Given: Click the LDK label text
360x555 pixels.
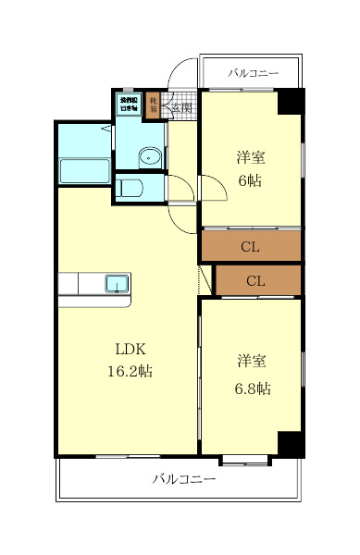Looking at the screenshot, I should coord(130,350).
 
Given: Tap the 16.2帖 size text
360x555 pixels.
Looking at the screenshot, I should coord(130,372).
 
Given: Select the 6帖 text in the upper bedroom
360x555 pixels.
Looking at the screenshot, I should coord(249,180).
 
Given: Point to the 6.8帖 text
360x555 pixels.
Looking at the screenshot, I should coord(252,388).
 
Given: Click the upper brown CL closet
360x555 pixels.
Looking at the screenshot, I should coord(250,246).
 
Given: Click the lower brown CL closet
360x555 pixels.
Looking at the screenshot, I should coord(257,280).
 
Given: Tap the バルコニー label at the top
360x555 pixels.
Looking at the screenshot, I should coord(250,71).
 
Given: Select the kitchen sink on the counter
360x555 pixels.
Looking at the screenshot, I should coord(117,283).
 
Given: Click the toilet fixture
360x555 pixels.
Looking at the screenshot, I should coord(131,190).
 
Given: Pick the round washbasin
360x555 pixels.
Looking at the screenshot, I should coord(149,157).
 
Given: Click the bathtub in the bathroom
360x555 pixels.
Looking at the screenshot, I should coord(84,171).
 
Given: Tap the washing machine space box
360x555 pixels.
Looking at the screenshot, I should coord(127,104).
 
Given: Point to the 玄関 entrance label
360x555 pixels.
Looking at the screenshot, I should coord(180,107).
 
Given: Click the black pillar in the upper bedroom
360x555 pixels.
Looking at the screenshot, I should coord(292,101).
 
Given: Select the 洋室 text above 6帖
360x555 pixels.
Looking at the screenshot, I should coord(249,158).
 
